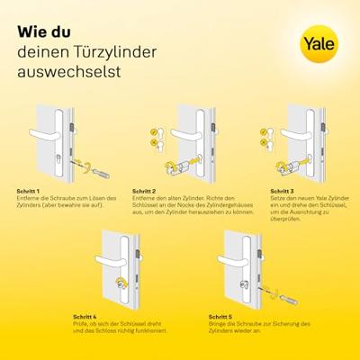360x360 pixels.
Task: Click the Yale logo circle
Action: (320, 43)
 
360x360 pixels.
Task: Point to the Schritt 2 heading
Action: (144, 192)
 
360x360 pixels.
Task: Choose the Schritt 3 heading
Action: (283, 192)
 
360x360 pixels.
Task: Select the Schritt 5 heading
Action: (221, 317)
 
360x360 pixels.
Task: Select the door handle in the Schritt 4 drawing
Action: (110, 257)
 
